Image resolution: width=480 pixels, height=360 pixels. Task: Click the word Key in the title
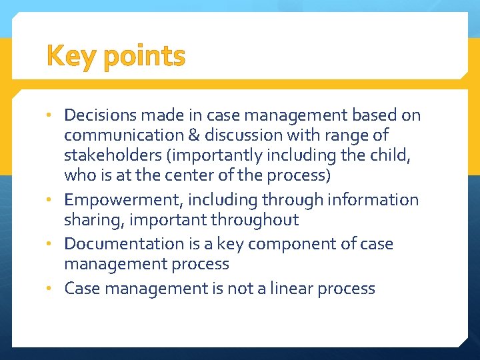72,57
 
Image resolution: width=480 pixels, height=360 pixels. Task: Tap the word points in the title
144,58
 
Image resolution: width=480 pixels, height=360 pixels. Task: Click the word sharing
89,221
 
